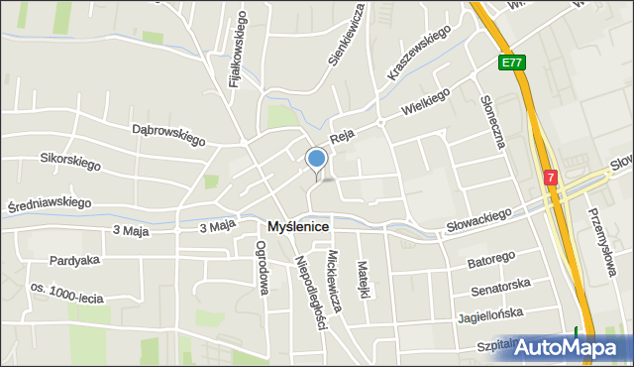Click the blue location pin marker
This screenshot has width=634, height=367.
tap(316, 159)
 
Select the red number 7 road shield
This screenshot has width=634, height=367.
tap(550, 177)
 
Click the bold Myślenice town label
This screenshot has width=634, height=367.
tap(298, 227)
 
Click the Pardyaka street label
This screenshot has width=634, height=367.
tap(74, 262)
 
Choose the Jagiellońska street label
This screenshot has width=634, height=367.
tap(491, 316)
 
